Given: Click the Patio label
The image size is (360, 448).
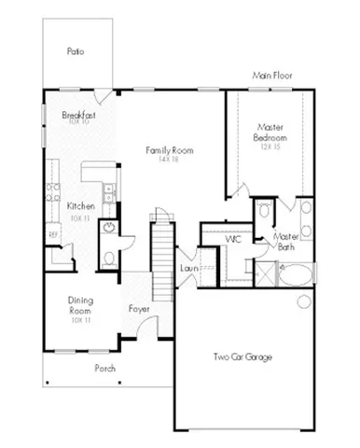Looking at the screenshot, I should coord(76,51).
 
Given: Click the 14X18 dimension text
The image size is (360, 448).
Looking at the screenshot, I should coord(167,160).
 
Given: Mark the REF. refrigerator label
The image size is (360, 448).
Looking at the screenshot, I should coord(53,234).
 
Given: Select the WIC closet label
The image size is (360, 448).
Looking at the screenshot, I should coord(233,239).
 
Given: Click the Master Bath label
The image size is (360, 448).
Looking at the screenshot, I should coord(284,242).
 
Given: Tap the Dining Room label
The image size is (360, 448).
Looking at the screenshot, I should coord(80,305).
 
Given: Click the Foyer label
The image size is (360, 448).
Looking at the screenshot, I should coord(139,307).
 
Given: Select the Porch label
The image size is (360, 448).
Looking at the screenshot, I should coord(105,368).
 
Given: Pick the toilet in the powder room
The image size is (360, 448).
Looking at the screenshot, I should coord(109,258).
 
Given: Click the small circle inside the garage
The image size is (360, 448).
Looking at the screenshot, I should coord(301,301).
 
